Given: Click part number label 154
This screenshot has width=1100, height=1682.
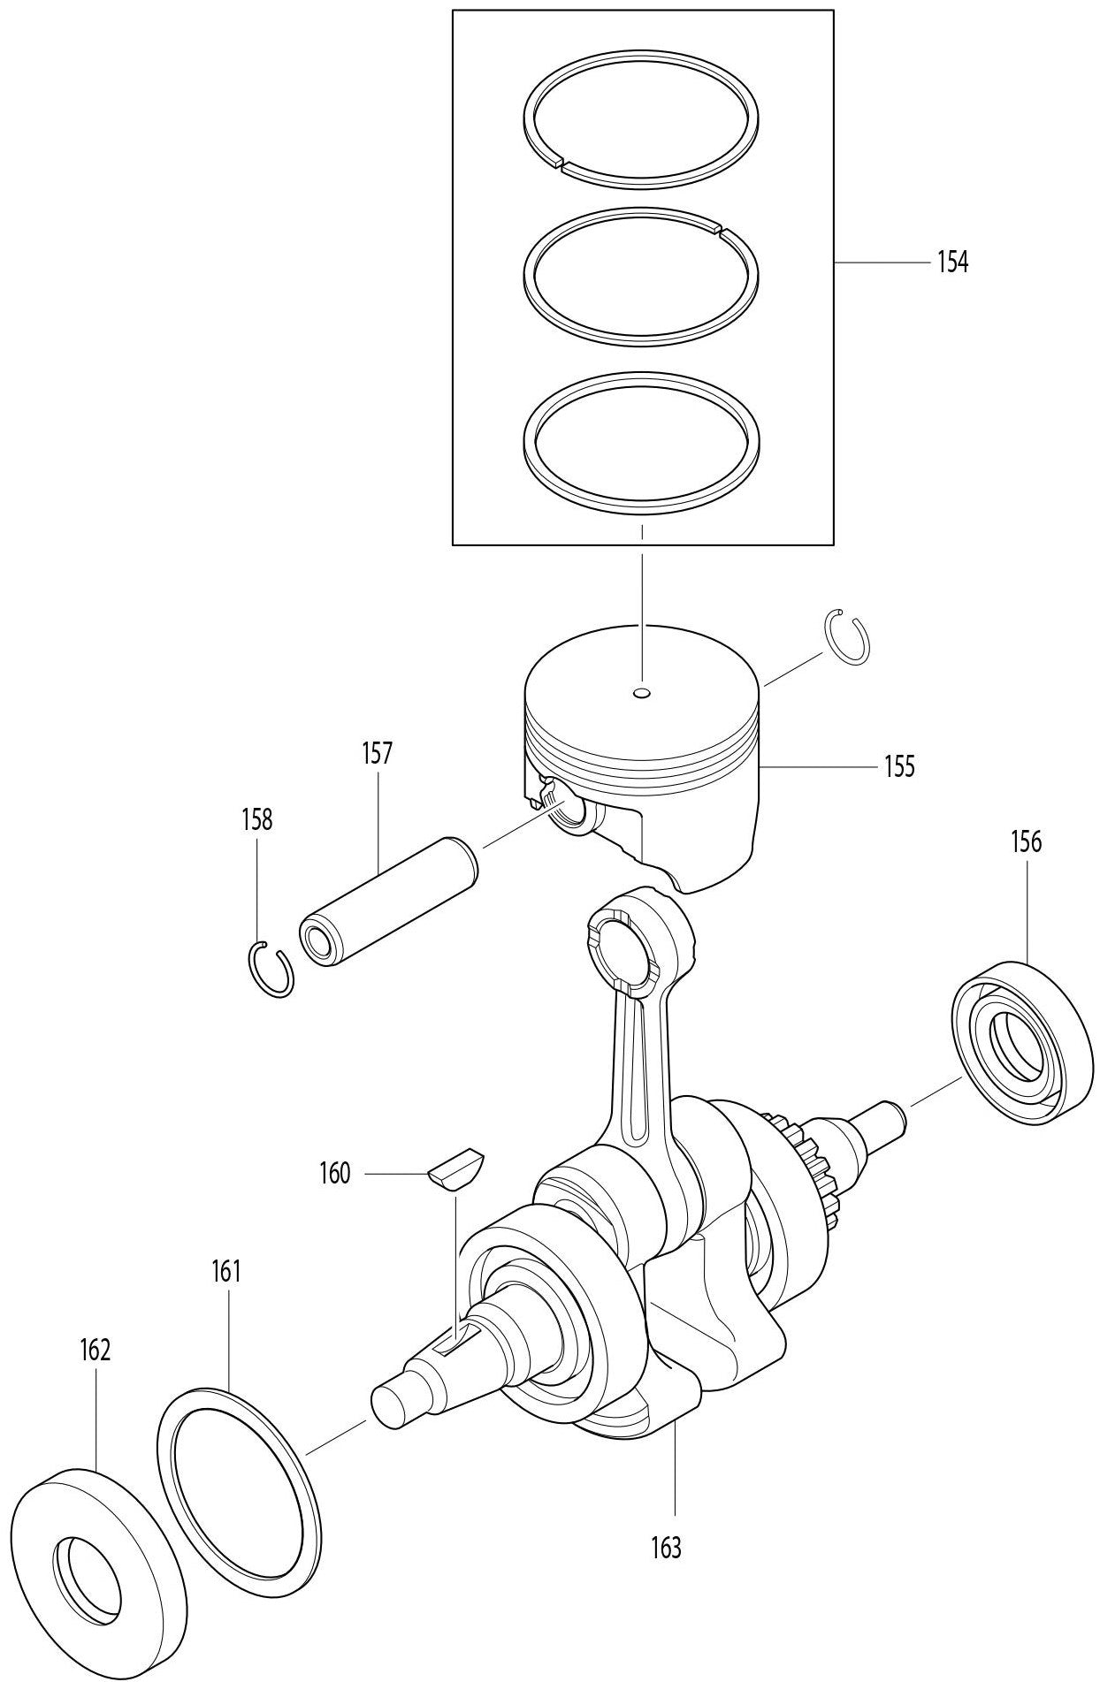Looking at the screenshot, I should coord(952,263).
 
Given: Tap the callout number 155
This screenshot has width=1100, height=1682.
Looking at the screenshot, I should coord(898,765).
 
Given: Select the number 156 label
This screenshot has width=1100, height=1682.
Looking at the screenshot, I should coord(1026,841).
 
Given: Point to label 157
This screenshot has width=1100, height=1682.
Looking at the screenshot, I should coord(377,754).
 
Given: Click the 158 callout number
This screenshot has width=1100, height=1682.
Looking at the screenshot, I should coord(256,819).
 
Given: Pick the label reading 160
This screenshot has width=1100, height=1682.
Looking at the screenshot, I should coord(334,1174).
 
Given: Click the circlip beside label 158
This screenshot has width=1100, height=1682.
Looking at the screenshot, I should coord(269,970).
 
